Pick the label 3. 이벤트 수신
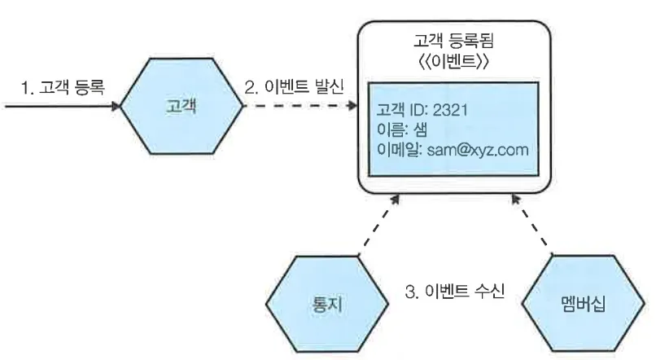click(456, 291)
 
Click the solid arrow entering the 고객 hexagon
click(61, 106)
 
